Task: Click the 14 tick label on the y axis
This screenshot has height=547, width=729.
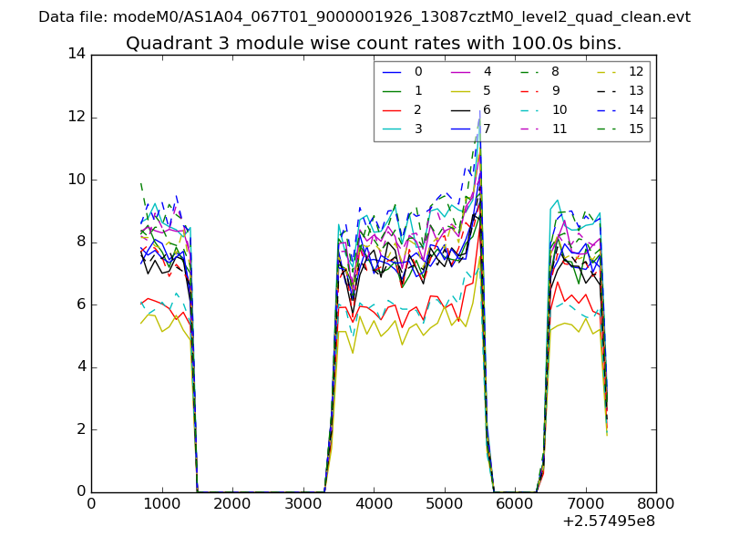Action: tap(77, 54)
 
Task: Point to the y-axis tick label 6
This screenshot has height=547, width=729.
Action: tap(81, 304)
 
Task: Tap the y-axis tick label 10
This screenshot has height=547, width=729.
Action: tap(77, 180)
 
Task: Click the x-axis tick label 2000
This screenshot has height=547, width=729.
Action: tap(232, 502)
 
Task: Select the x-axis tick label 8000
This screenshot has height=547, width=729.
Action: tap(656, 502)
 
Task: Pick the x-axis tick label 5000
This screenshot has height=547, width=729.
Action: tap(444, 502)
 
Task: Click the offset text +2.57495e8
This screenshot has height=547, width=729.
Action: tap(610, 521)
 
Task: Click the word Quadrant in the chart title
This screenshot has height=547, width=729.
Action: tap(163, 43)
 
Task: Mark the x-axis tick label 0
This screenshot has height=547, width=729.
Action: tap(91, 502)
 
